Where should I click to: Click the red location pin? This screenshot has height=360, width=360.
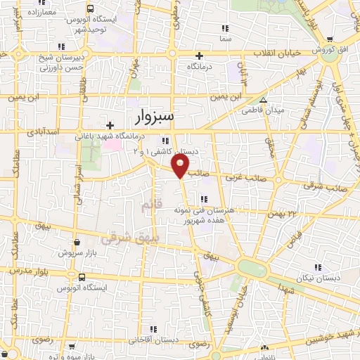coord(181,166)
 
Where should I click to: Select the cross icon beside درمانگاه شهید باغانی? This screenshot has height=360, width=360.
coord(110,125)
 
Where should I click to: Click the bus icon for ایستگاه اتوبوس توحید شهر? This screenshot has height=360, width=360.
coord(91,9)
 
